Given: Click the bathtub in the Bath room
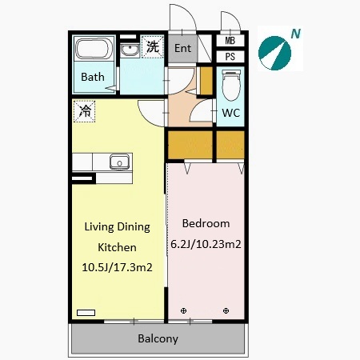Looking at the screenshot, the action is point(93,49).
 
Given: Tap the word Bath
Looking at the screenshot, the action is point(93,77).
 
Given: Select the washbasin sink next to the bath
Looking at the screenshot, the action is point(130,50).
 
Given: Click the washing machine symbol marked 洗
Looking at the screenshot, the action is point(153,47).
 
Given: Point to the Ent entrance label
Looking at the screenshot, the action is point(182,48).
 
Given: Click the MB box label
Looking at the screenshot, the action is point(230,41).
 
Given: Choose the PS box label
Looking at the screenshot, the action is point(230,57).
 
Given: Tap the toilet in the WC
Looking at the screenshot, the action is point(231,86).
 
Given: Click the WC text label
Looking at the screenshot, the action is point(231,113).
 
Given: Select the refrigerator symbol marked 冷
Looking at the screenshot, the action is point(84,111).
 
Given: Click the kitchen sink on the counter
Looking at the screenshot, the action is point(120,162).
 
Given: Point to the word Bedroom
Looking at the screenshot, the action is point(206,223).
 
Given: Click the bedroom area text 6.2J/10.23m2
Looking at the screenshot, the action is point(206,244).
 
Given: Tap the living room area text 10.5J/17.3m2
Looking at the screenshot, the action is point(117,267).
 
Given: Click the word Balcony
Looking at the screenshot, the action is point(158,338).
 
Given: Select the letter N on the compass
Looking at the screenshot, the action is point(296,34).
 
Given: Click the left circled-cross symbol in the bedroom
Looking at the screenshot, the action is point(183,310).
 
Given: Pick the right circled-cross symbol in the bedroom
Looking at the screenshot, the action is point(226,310).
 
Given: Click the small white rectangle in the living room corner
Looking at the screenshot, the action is point(86,313).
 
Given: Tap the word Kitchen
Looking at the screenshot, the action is point(117,247).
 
